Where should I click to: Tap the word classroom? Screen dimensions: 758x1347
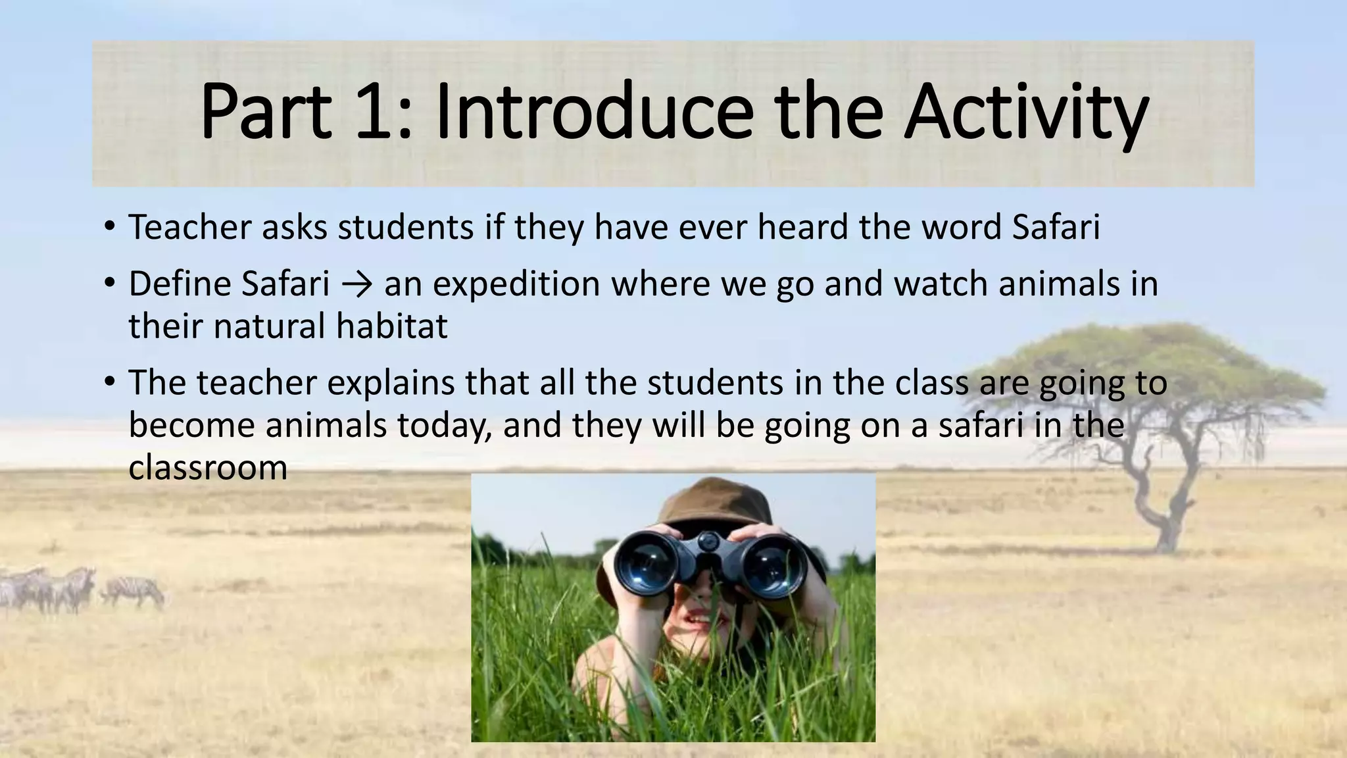coord(208,468)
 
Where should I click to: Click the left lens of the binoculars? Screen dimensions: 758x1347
coord(649,564)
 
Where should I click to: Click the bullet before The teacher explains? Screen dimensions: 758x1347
coord(109,382)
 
